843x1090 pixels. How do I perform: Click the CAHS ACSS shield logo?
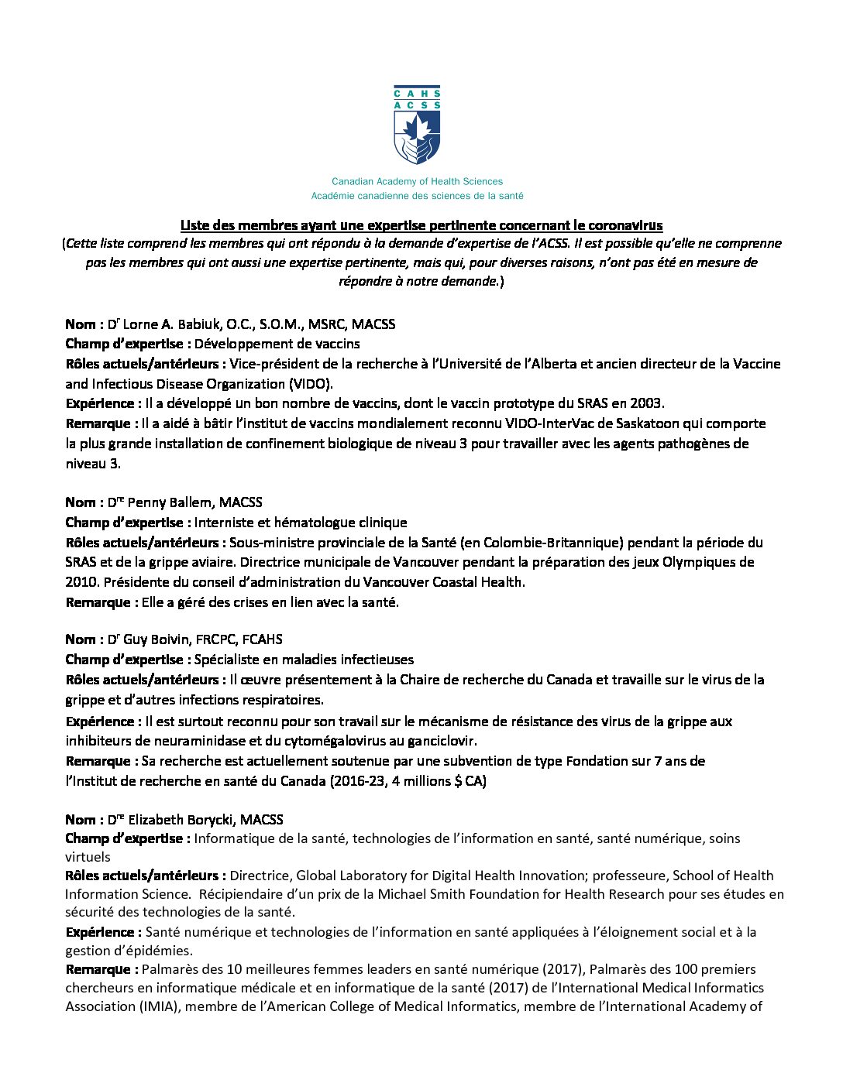417,125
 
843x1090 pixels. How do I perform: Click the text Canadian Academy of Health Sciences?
417,181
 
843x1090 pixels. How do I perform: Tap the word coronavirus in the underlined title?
625,225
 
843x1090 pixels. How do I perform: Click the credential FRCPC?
215,639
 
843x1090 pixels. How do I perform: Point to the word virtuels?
88,857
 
